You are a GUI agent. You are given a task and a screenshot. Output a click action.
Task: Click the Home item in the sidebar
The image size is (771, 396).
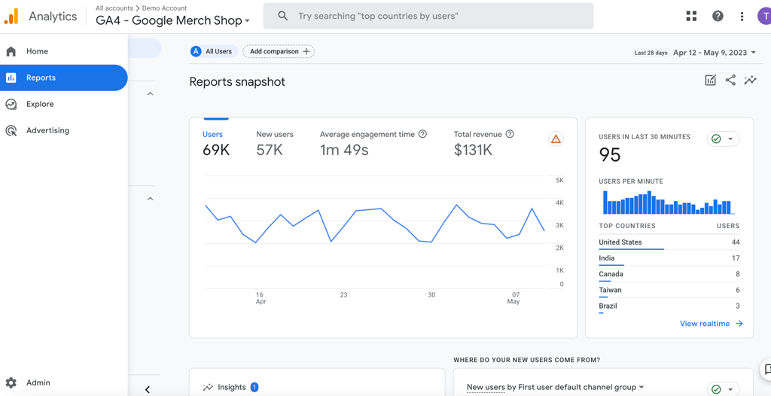[37, 51]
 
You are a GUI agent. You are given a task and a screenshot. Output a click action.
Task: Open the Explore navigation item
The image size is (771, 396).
[40, 104]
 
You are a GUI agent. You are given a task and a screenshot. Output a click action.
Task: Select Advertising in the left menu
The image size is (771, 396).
[47, 130]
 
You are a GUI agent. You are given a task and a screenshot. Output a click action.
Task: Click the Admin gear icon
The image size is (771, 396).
[11, 382]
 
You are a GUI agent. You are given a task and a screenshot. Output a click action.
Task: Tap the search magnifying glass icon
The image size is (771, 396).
[282, 16]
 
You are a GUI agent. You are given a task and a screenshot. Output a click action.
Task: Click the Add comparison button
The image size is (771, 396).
[279, 51]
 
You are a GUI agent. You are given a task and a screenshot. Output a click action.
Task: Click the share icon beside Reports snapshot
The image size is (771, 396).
[730, 81]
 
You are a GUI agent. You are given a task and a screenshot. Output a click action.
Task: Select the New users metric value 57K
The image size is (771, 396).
[270, 150]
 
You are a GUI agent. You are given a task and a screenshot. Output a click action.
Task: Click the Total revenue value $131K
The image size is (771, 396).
[473, 150]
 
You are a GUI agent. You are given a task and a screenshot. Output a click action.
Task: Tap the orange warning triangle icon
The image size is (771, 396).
[556, 139]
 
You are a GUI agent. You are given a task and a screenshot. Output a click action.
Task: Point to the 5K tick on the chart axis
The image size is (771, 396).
[559, 181]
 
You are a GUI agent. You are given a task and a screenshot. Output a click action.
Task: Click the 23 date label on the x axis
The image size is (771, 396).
[343, 295]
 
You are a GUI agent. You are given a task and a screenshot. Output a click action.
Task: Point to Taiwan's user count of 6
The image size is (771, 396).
[737, 290]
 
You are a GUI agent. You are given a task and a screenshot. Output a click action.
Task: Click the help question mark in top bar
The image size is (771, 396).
[718, 16]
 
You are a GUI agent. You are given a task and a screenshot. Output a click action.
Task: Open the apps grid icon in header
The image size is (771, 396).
[691, 16]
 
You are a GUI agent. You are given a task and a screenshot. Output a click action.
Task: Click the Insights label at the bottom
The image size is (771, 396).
[231, 387]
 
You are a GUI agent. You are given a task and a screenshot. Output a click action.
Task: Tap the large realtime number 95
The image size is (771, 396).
[610, 155]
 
